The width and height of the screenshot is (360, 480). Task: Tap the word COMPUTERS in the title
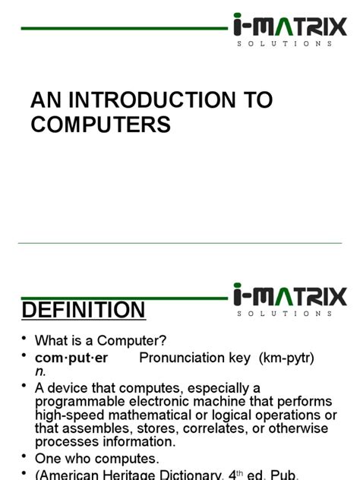tap(100, 124)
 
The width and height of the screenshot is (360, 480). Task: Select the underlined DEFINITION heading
tap(84, 310)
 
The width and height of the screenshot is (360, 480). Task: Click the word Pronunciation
tap(184, 358)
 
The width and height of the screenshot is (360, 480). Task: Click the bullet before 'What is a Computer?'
tap(24, 339)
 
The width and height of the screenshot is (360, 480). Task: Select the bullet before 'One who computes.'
tap(24, 457)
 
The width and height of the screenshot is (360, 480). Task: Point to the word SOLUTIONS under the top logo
tap(285, 43)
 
